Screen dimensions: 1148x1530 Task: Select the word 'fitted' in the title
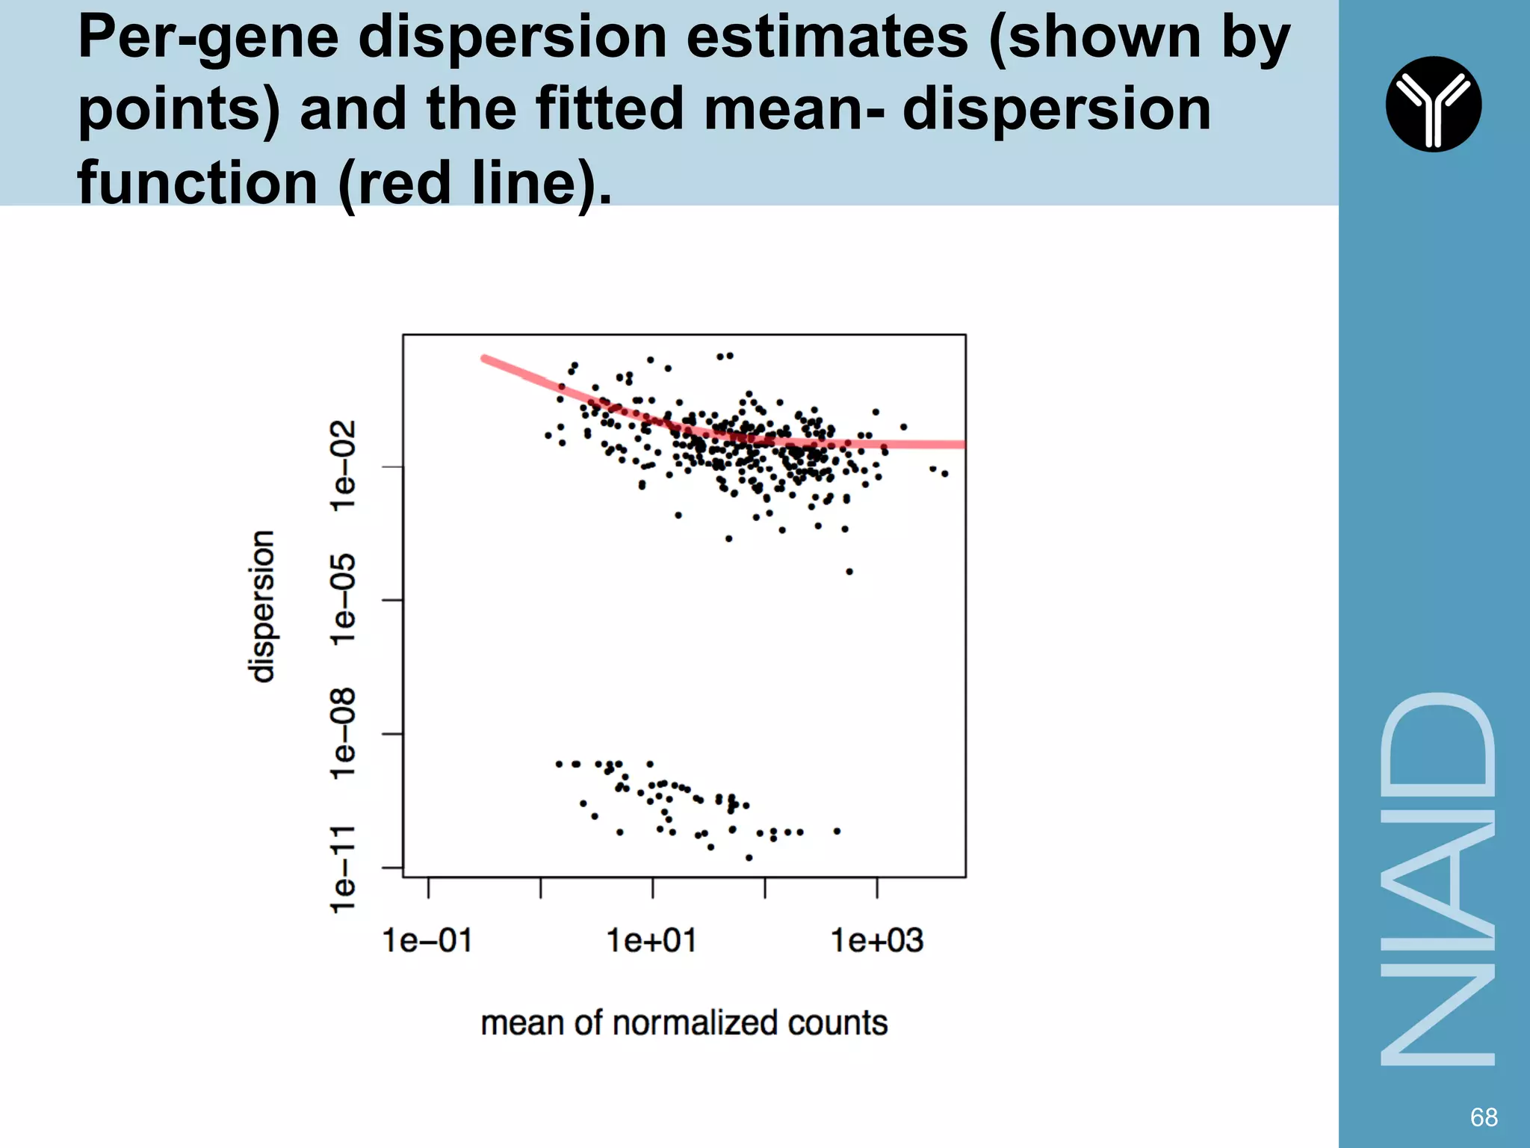[x=610, y=109]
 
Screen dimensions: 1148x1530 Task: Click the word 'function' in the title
[x=198, y=182]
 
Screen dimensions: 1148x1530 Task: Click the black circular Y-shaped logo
[x=1433, y=104]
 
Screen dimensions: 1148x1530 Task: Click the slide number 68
[x=1483, y=1117]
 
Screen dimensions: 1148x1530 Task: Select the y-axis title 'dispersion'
[x=261, y=606]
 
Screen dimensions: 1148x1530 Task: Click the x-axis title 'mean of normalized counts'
[x=684, y=1022]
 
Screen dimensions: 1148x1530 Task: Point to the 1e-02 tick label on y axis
[x=344, y=466]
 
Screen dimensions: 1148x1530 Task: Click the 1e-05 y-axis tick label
[x=344, y=599]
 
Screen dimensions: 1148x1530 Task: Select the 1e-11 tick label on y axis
[x=344, y=868]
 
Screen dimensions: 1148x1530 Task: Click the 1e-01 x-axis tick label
[x=427, y=940]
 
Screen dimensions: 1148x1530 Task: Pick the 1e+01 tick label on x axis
[x=651, y=940]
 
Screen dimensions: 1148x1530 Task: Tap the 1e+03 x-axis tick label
[x=877, y=940]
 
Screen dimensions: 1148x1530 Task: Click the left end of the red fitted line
[x=485, y=359]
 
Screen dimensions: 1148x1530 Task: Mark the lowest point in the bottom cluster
[x=749, y=857]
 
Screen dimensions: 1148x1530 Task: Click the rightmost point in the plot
[x=945, y=473]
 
